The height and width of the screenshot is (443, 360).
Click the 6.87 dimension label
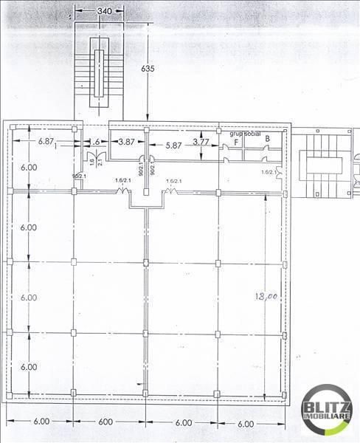pos(46,140)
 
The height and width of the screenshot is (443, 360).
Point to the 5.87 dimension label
pos(173,146)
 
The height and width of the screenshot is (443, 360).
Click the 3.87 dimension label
pos(126,141)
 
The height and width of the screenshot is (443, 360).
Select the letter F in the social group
pos(236,142)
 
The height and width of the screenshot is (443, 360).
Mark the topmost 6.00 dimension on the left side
pos(29,168)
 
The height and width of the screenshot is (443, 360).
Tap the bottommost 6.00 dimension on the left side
pos(29,367)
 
